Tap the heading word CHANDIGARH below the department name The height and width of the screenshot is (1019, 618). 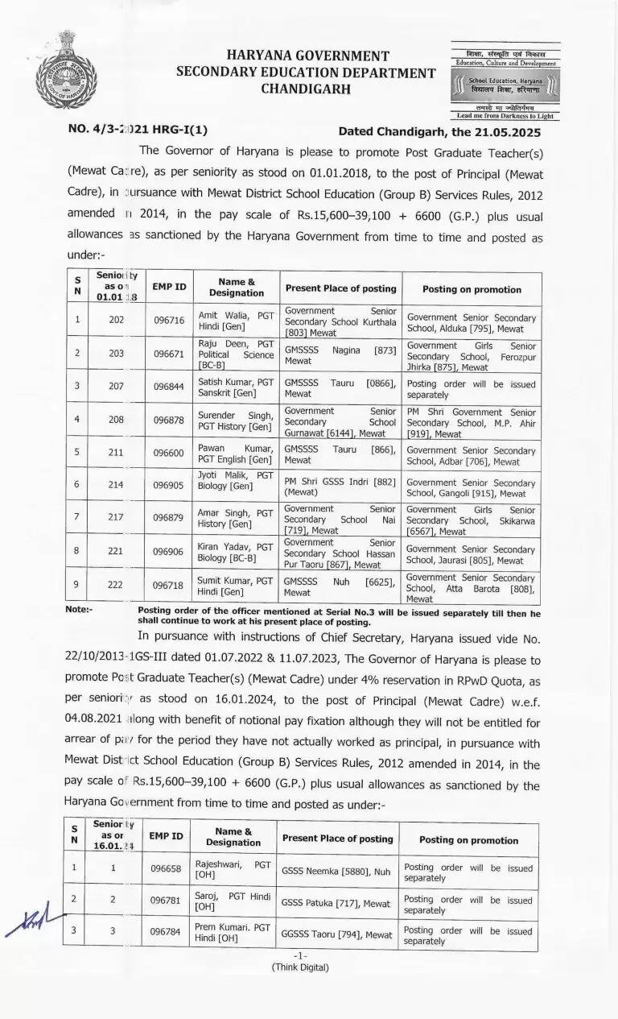306,89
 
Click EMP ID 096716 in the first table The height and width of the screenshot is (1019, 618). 169,320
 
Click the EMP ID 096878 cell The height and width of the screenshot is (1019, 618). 169,420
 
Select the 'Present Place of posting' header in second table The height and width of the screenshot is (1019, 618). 337,839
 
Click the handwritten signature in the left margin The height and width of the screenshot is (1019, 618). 34,921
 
